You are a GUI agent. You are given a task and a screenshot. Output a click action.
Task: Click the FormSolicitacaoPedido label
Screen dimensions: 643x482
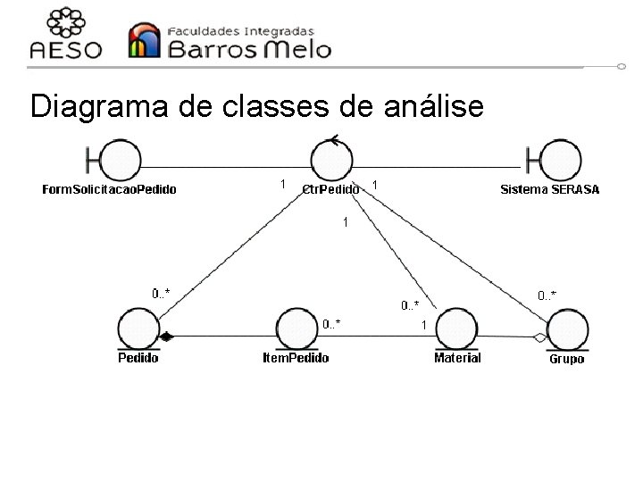tap(110, 189)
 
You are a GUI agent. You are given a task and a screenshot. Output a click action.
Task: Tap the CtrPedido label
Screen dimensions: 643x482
tap(330, 189)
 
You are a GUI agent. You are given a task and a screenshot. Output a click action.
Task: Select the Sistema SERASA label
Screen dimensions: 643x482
tap(550, 189)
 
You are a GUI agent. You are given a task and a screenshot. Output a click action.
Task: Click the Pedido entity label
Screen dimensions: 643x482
tap(138, 358)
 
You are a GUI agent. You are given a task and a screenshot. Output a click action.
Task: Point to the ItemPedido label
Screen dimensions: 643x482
tap(296, 358)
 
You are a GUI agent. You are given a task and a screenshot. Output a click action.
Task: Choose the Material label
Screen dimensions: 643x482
tap(457, 358)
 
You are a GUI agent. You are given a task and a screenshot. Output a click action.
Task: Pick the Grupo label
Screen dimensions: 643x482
tap(566, 359)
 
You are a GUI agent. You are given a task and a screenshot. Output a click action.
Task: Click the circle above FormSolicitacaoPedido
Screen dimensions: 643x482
tap(121, 162)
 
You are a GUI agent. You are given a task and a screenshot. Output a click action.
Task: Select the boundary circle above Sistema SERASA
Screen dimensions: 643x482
tap(561, 162)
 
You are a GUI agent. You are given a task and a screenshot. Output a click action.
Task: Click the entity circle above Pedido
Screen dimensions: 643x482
tap(138, 327)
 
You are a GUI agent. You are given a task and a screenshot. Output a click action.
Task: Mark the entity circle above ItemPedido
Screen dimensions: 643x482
tap(296, 327)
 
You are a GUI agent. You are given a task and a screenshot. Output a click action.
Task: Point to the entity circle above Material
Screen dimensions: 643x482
tap(456, 327)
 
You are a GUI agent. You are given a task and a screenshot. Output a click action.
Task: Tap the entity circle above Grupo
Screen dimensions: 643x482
tap(565, 328)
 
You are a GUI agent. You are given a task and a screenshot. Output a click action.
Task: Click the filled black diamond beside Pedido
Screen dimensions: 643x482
tap(166, 337)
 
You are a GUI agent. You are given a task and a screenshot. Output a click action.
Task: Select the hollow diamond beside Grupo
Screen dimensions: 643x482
tap(539, 337)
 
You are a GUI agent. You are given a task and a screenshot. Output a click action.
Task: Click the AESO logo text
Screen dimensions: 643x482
tap(67, 50)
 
